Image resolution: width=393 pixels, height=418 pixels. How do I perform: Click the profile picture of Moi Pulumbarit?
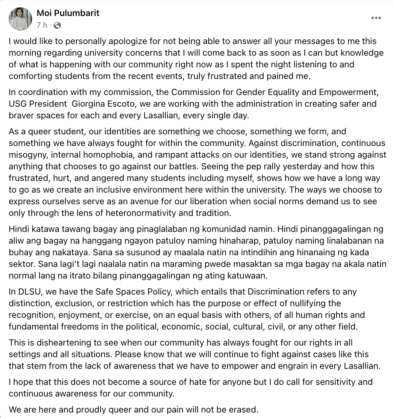[x=20, y=19]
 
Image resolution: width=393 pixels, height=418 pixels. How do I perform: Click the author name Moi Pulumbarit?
[x=68, y=13]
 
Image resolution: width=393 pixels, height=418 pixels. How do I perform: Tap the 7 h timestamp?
[x=42, y=25]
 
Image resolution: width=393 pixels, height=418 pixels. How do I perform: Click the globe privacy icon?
[x=57, y=25]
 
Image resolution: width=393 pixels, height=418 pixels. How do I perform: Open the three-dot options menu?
[x=377, y=18]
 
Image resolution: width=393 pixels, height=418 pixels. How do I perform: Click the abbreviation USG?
[x=18, y=104]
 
